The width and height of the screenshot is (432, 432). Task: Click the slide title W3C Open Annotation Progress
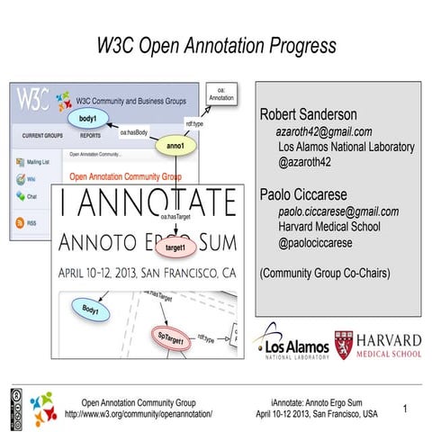216,44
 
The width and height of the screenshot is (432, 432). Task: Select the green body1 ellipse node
87,118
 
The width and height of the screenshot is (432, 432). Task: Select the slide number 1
406,409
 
